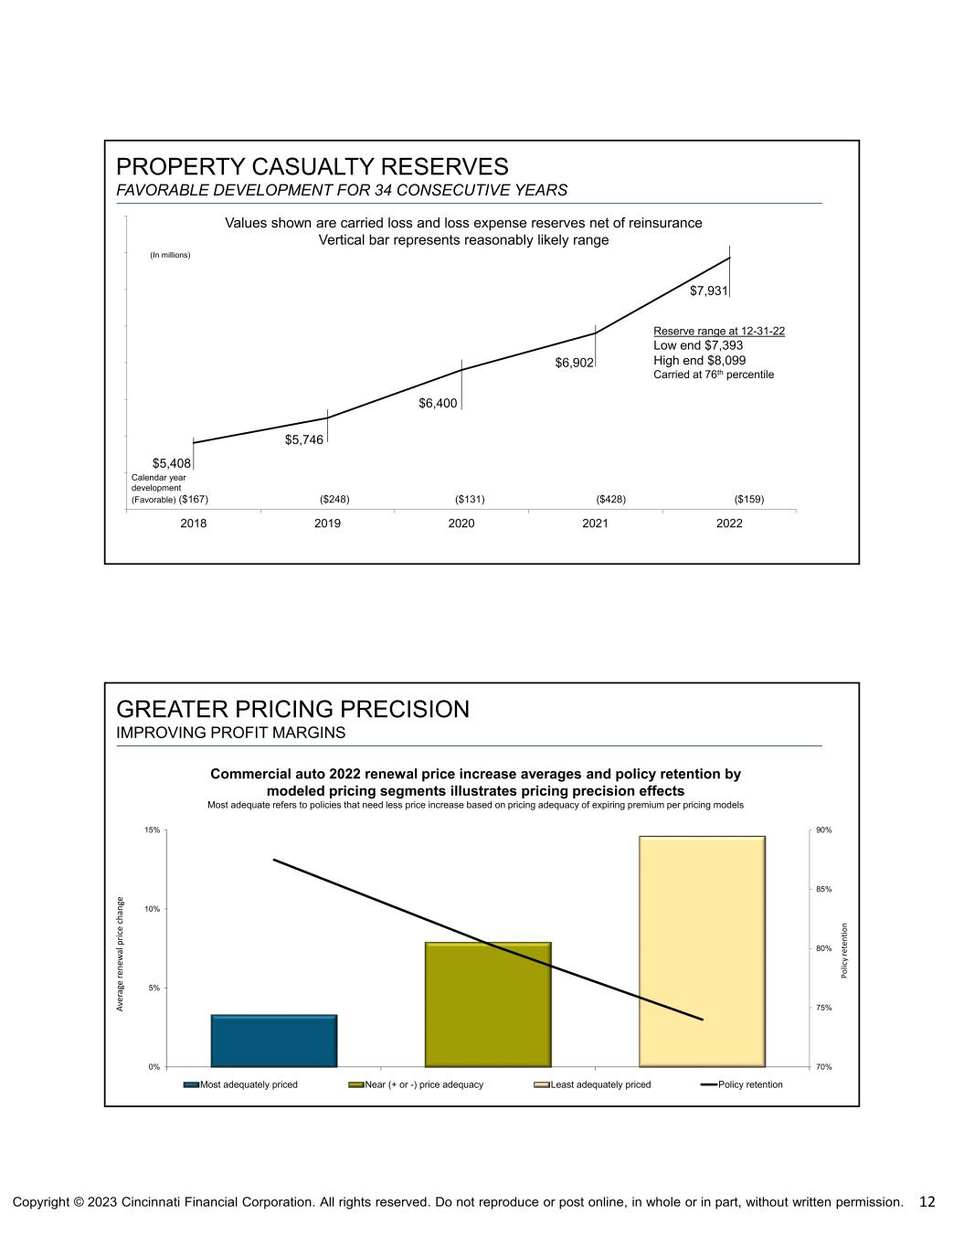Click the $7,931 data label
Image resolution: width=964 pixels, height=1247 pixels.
pos(708,291)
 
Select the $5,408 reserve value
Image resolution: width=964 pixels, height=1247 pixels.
pos(171,464)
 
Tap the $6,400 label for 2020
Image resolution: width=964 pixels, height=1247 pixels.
pos(438,403)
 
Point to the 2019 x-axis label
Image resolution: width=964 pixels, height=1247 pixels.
pos(327,523)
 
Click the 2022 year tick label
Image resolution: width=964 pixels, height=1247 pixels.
pos(729,523)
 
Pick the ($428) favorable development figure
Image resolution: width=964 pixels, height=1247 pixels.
pos(610,499)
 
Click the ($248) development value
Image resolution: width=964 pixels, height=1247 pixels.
pos(334,499)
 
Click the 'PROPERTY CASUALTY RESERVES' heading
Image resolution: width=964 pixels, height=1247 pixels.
pos(312,167)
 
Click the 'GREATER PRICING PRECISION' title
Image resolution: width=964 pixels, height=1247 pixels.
pos(292,709)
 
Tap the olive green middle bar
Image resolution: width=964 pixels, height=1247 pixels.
pos(488,1004)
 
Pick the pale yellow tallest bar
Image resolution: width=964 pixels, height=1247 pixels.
pos(702,951)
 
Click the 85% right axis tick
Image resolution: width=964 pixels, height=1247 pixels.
pos(823,889)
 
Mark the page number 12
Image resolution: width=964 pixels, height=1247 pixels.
pos(927,1201)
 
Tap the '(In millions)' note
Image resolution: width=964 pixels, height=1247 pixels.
pos(170,255)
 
